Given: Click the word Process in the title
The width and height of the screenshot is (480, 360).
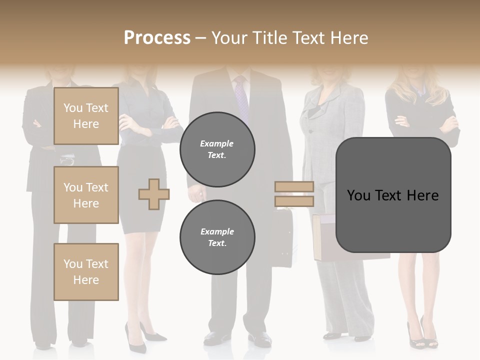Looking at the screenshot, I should click(157, 38).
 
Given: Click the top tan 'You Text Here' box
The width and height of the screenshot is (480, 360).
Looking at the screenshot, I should click(86, 116).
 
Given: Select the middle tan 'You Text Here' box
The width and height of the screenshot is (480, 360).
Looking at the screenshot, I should click(86, 195).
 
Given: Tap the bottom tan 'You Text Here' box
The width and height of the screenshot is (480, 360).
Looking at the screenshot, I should click(86, 272).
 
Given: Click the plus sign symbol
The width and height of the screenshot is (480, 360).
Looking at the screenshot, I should click(154, 194).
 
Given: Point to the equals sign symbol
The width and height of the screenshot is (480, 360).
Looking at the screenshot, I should click(294, 194).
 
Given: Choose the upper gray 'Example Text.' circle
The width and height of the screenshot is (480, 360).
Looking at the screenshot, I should click(217, 149).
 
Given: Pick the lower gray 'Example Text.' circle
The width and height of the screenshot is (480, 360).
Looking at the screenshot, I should click(217, 237).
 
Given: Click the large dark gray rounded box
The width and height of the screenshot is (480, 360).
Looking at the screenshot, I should click(393, 195).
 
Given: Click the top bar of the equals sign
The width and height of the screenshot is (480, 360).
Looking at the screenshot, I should click(294, 187).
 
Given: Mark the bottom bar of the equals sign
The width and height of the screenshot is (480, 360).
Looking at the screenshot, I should click(294, 201).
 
